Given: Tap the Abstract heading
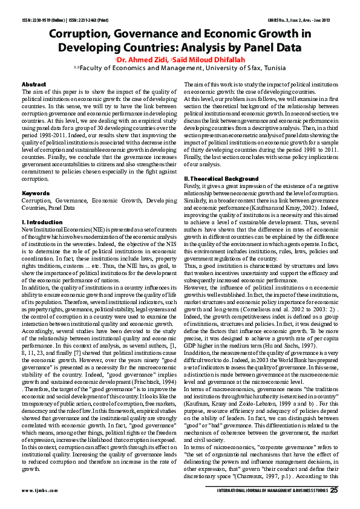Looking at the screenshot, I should (34, 83).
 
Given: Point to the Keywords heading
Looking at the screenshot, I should (35, 193).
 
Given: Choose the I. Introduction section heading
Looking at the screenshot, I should (42, 223).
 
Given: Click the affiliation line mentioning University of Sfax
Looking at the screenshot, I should (180, 69).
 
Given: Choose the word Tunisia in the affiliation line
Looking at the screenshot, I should (271, 69).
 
